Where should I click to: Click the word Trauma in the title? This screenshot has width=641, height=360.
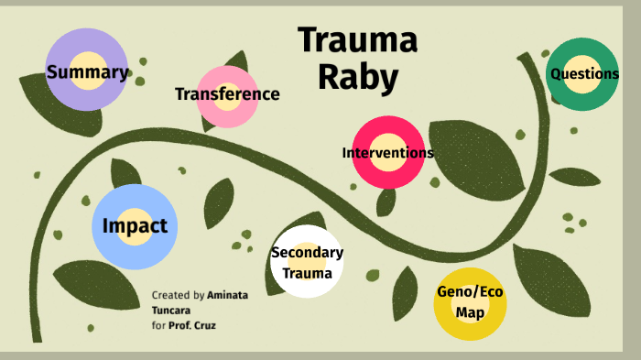point(357,41)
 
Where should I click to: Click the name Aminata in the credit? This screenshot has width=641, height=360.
point(227,296)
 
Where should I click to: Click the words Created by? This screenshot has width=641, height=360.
point(179,296)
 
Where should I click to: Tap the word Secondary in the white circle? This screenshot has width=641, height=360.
point(308,253)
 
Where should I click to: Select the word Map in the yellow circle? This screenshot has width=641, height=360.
point(470,312)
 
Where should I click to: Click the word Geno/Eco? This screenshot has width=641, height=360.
point(470,293)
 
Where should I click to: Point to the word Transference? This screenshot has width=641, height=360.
point(227,94)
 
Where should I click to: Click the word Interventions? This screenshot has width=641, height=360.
point(388,153)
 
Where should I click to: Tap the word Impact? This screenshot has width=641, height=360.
point(135,226)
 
